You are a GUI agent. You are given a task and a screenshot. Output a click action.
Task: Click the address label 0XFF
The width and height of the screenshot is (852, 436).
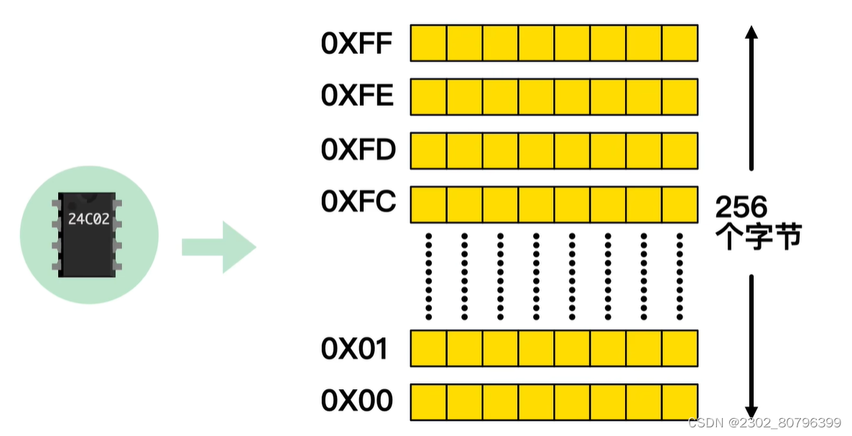coord(357,43)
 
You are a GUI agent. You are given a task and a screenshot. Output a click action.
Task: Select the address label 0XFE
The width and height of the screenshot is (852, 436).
coord(358,96)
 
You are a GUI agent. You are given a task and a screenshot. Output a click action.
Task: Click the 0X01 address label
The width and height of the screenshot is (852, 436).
coord(355,348)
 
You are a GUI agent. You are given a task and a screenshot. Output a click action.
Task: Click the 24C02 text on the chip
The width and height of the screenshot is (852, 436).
coord(89,219)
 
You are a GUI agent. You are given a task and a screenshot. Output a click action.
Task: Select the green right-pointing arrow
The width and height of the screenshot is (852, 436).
coord(218,247)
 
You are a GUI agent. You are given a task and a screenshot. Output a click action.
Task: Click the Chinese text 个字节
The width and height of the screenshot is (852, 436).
coord(759,237)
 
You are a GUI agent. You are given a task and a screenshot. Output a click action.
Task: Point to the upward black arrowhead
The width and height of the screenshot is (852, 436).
coord(751,33)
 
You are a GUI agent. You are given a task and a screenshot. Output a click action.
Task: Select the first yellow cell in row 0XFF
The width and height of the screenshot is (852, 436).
coord(429,43)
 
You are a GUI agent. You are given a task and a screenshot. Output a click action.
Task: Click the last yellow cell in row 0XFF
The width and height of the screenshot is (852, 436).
coord(680,43)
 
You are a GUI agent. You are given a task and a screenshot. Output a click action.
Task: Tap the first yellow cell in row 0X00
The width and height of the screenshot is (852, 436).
coord(429,401)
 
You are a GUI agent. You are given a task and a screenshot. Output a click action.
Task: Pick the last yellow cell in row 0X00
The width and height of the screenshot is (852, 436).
coord(680,401)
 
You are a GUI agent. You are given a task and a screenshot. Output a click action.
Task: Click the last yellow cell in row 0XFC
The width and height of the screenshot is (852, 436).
coord(680,204)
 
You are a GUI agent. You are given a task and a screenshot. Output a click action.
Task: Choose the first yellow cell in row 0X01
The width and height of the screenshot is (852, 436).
coord(429,348)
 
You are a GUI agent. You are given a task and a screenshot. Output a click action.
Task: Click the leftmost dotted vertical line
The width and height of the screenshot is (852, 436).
coord(429,276)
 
